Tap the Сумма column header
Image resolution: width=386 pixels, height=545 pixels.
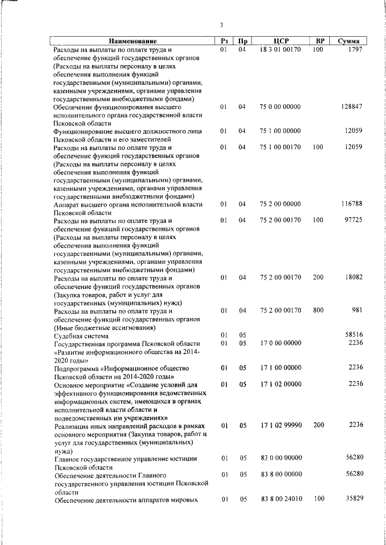(349, 41)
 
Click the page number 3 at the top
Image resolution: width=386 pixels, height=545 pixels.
(221, 25)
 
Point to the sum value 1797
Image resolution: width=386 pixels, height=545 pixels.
(355, 49)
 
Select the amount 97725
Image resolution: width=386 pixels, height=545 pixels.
(352, 221)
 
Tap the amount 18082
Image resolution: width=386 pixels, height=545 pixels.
(352, 278)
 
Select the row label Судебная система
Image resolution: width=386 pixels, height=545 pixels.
(81, 335)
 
